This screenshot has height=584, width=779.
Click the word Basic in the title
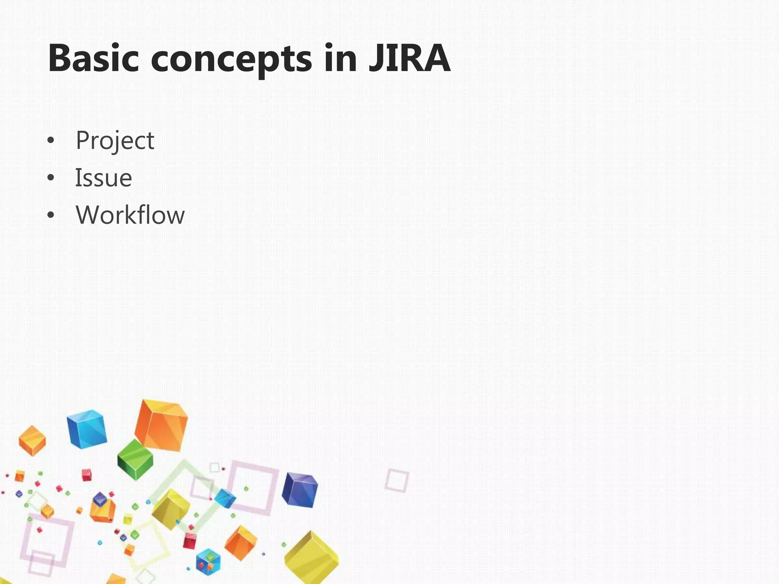pyautogui.click(x=93, y=59)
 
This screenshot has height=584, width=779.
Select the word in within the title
pyautogui.click(x=340, y=59)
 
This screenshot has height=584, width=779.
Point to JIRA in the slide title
pyautogui.click(x=410, y=59)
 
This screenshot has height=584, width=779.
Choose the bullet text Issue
pyautogui.click(x=103, y=178)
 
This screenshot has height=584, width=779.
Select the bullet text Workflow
pyautogui.click(x=130, y=215)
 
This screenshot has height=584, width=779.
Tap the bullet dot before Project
pyautogui.click(x=51, y=141)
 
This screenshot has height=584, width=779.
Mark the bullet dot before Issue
pyautogui.click(x=51, y=178)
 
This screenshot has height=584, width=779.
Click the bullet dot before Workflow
pyautogui.click(x=51, y=216)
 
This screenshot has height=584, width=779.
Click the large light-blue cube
pyautogui.click(x=87, y=429)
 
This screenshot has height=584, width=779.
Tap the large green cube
pyautogui.click(x=135, y=459)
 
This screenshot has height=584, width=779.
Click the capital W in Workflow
pyautogui.click(x=89, y=215)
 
